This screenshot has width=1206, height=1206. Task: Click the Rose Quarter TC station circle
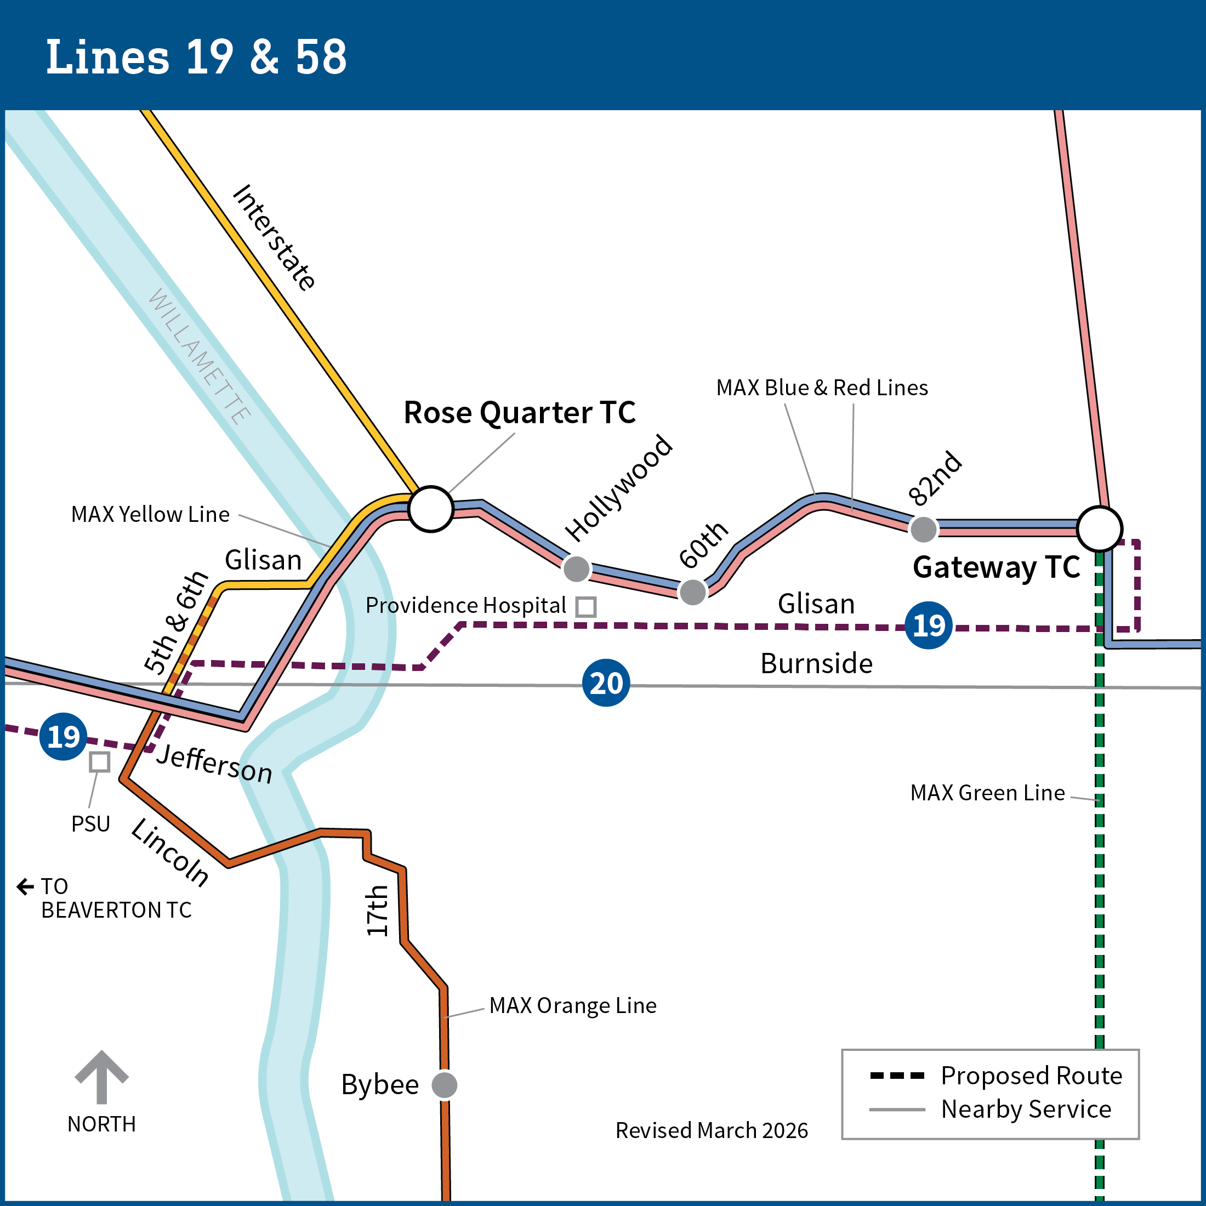coord(431,509)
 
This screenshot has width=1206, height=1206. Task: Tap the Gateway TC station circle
coord(1099,528)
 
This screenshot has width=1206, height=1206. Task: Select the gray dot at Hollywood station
coord(576,568)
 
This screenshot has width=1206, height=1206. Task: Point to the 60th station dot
coord(692,592)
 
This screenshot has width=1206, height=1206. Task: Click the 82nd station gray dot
coord(923,530)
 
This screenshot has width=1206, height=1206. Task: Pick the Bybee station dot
coord(445,1085)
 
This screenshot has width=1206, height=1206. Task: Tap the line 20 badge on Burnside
coord(606,683)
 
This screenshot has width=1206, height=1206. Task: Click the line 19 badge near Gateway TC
coord(928,625)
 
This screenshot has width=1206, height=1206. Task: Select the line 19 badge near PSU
coord(63,737)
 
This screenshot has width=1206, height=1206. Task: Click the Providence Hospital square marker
coord(585,607)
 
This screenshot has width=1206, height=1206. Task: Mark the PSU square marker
coord(100,761)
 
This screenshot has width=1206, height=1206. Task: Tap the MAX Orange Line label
coord(572,1005)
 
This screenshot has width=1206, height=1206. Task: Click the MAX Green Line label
coord(987,793)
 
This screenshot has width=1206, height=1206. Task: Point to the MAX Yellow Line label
coord(150,514)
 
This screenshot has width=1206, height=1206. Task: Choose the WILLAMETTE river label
coord(200,357)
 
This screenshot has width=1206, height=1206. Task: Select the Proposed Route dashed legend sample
coord(897,1076)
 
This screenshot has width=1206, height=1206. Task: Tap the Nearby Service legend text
coord(1026,1109)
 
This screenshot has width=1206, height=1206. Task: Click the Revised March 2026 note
coord(711,1130)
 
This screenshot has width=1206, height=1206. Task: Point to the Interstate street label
coord(274,238)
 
